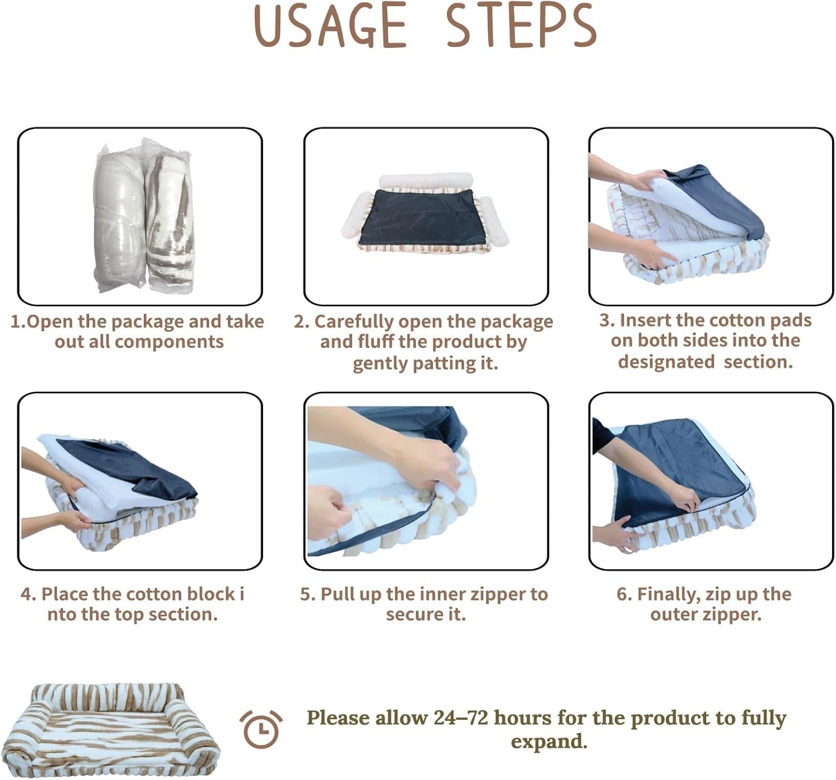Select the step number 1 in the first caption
(17, 322)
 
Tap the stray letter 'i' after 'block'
(242, 594)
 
